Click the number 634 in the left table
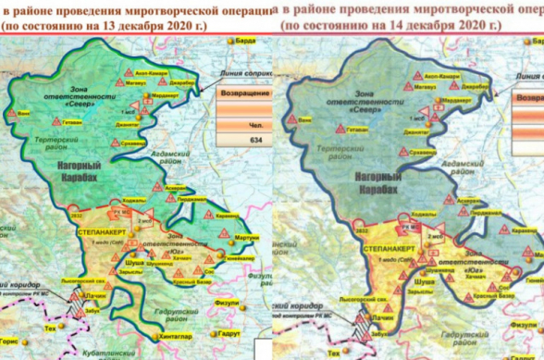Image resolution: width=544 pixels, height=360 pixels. click(243, 141)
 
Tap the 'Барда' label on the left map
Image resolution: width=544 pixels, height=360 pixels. click(245, 42)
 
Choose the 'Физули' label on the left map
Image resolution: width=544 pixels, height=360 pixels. click(228, 298)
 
